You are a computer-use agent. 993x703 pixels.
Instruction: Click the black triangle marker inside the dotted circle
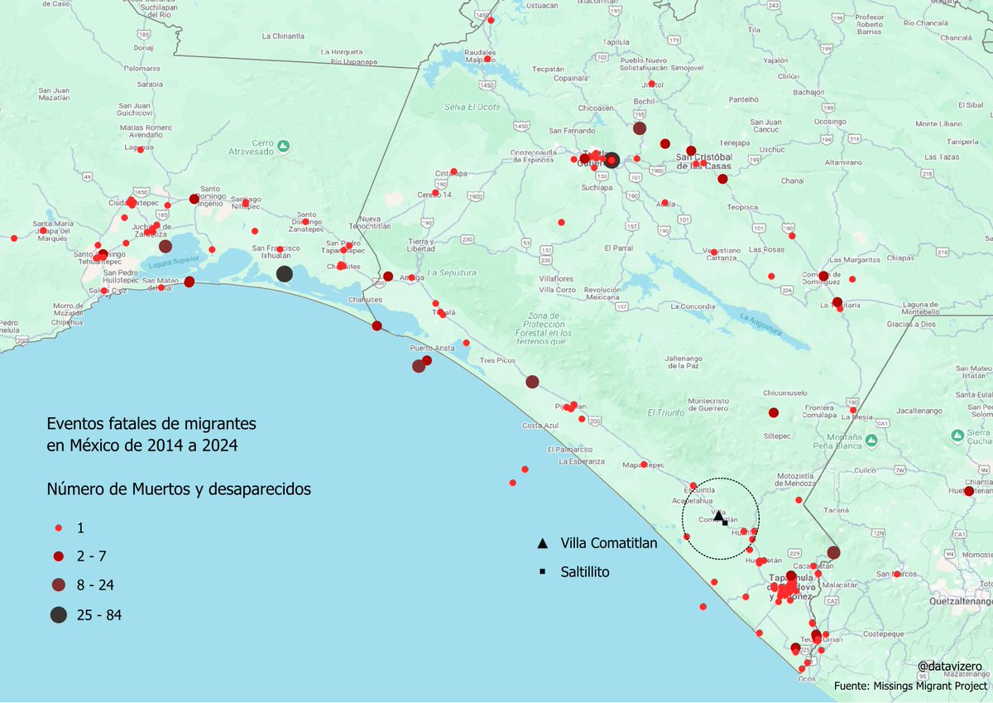718,515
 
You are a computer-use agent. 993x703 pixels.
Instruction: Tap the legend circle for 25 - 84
59,614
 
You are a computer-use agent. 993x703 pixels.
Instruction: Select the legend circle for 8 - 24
59,585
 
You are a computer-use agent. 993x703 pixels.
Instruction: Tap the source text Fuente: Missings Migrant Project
910,686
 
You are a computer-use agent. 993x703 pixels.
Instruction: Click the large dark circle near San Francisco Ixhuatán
284,274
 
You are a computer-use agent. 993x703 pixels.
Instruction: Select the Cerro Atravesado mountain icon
283,146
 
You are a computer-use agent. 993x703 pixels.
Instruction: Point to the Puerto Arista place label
433,349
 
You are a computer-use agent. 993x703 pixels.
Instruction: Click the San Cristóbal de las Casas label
705,161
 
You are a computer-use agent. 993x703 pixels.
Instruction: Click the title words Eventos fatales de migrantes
151,423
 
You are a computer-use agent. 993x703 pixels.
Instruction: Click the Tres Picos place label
497,361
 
